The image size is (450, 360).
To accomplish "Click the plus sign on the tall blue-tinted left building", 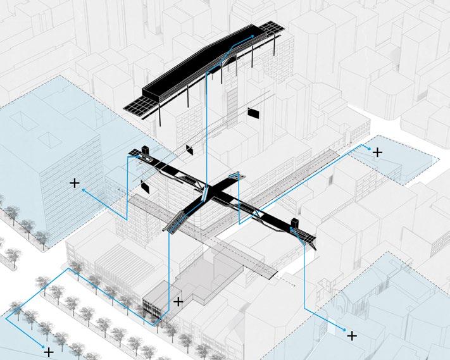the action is click(75, 183).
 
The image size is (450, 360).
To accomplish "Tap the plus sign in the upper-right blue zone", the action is click(378, 152).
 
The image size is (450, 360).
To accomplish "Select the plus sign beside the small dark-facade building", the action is click(178, 302).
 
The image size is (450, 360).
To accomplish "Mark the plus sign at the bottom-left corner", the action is click(49, 350).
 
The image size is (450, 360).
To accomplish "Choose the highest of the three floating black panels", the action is click(254, 113).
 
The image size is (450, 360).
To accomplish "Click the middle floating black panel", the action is click(189, 149).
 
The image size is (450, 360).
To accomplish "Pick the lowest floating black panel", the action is click(146, 188).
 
